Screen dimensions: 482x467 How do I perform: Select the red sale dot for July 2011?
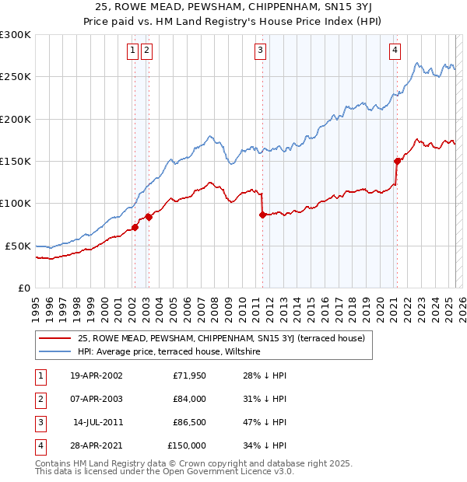click(x=262, y=215)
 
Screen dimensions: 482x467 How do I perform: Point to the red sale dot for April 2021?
click(x=397, y=161)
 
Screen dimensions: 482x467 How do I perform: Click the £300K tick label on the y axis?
click(x=16, y=35)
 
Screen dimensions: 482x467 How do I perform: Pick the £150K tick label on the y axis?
click(x=16, y=161)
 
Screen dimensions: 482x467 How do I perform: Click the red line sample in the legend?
click(x=55, y=338)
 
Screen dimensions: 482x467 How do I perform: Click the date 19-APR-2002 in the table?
click(x=96, y=375)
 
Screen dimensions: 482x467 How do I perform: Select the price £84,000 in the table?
click(x=189, y=399)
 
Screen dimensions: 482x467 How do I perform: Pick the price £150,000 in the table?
click(x=187, y=445)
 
